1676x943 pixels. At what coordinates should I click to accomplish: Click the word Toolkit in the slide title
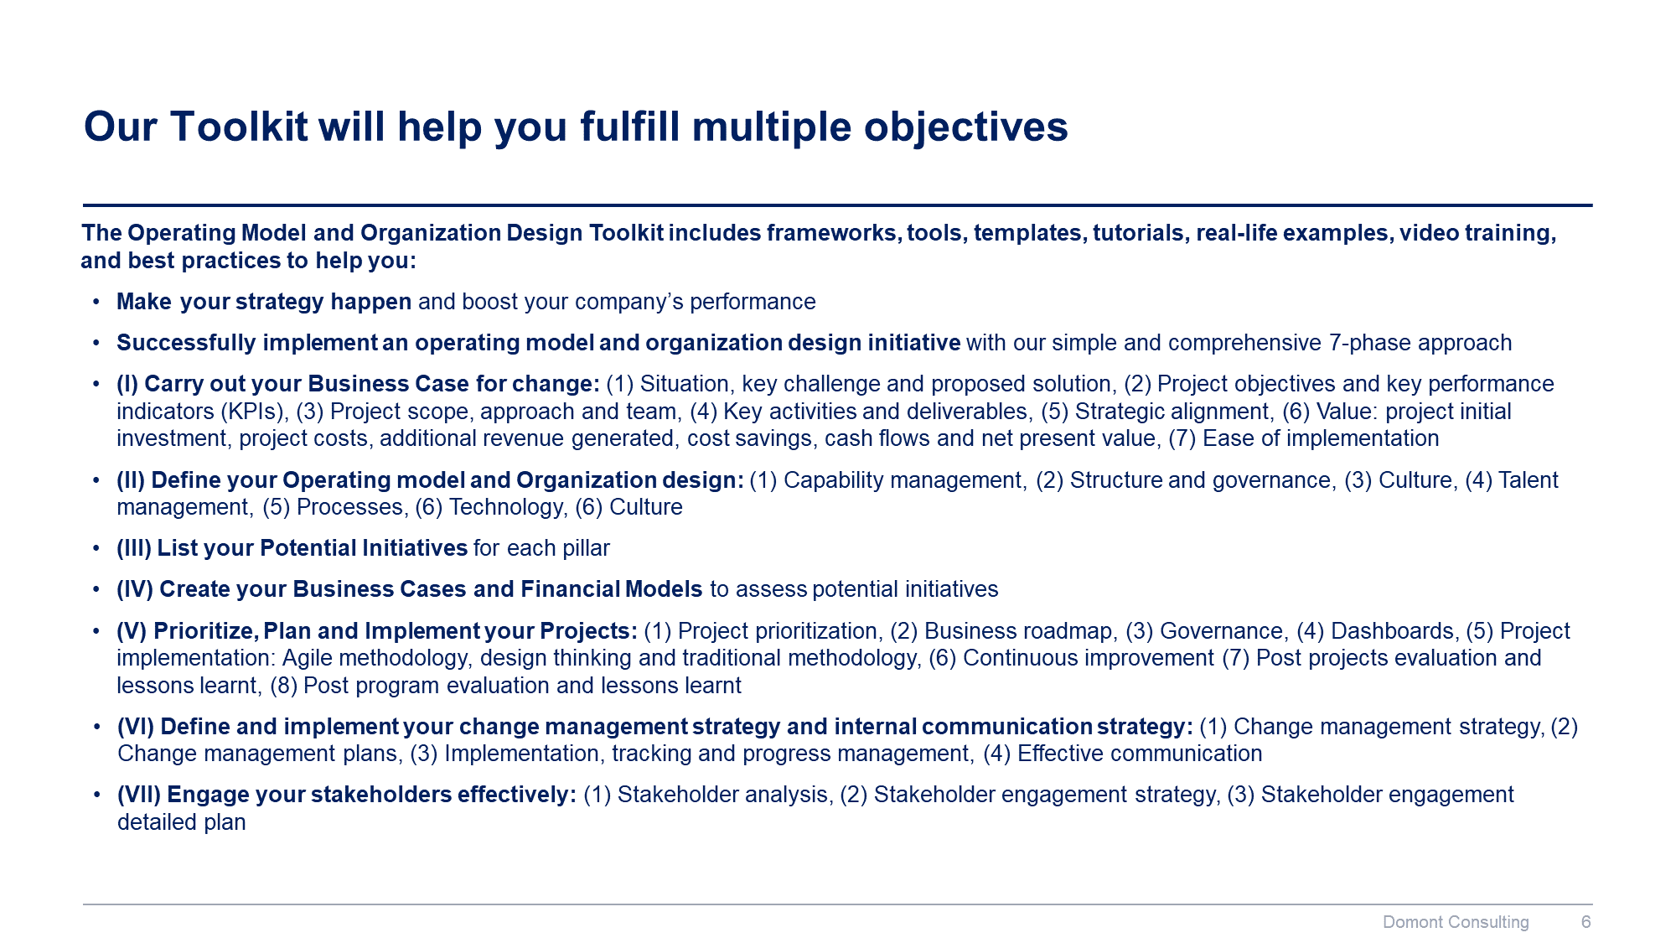[239, 127]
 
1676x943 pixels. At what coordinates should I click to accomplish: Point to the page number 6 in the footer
[1585, 922]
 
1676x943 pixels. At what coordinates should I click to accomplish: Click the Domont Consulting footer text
[1456, 922]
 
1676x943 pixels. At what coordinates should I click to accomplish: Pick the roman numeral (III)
[134, 548]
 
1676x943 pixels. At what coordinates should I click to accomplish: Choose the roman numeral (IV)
[135, 589]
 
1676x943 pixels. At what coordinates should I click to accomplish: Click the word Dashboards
[1392, 631]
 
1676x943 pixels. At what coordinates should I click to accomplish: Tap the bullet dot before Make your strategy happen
[97, 302]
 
